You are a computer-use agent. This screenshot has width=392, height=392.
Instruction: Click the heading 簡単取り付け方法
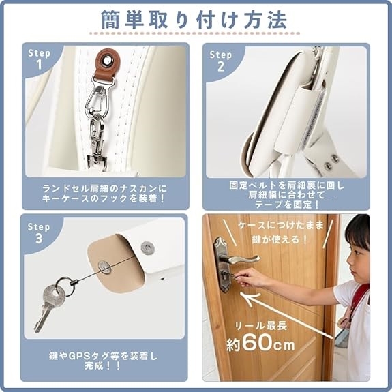(194, 20)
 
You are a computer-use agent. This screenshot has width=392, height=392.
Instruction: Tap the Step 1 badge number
(39, 65)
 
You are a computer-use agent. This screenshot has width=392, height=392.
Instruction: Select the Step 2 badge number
(221, 67)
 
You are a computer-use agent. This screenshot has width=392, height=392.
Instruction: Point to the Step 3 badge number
(39, 238)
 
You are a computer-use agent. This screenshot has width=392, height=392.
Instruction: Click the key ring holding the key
(64, 286)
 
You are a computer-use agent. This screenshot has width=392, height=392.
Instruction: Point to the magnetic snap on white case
(147, 247)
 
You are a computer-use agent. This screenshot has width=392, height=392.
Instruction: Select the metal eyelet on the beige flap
(104, 267)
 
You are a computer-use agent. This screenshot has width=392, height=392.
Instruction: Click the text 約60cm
(260, 343)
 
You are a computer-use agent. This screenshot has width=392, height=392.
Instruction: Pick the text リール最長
(261, 326)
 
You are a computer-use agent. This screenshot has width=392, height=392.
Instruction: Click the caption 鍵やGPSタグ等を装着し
(103, 357)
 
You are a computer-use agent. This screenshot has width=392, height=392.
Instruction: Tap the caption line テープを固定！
(287, 205)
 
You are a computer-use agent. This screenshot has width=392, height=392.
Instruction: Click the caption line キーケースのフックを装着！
(104, 199)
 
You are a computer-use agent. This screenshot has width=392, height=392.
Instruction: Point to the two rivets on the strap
(331, 162)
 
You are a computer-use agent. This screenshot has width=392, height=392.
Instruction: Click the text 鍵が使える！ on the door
(280, 240)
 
